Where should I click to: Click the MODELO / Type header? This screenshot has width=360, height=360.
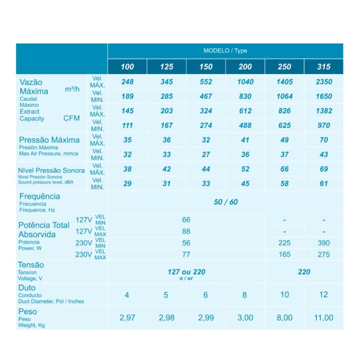(225, 51)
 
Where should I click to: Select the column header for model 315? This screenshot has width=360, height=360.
(324, 67)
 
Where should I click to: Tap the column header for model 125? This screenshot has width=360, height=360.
(167, 67)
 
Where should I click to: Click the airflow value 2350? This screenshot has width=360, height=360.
(324, 82)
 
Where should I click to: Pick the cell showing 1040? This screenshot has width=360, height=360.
(245, 82)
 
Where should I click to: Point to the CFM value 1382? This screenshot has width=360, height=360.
(324, 111)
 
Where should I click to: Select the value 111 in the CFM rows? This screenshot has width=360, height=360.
(127, 125)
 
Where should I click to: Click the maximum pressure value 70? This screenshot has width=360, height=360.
(324, 140)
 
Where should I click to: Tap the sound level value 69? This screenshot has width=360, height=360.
(324, 169)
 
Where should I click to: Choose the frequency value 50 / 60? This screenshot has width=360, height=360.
(226, 202)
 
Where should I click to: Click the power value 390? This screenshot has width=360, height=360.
(324, 243)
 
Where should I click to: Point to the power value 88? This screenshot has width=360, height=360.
(186, 231)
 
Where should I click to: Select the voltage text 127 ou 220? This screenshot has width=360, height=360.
(186, 272)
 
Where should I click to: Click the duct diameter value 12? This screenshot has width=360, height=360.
(323, 295)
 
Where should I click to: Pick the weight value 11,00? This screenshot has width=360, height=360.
(324, 318)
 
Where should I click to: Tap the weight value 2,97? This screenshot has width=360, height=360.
(127, 318)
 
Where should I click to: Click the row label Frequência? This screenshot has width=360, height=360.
(40, 197)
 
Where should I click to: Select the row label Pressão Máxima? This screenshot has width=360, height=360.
(49, 140)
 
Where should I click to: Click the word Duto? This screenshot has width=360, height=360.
(27, 288)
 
